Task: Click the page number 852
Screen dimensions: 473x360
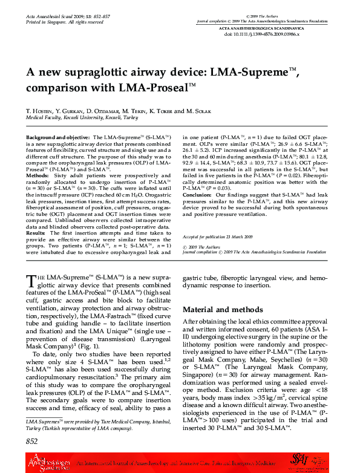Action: click(x=32, y=442)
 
